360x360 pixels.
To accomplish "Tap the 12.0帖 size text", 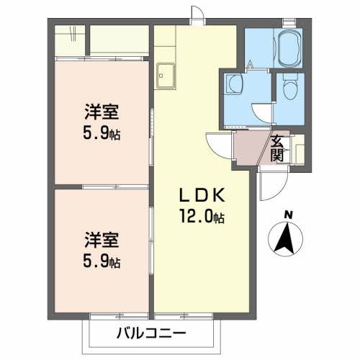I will [x=201, y=215].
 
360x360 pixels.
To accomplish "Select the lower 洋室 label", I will [x=99, y=238].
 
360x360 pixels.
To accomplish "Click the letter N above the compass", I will [x=288, y=214].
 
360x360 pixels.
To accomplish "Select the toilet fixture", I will [x=289, y=88].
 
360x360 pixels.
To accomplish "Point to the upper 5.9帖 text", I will [x=99, y=133].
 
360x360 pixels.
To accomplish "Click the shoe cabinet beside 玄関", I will [x=298, y=148].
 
